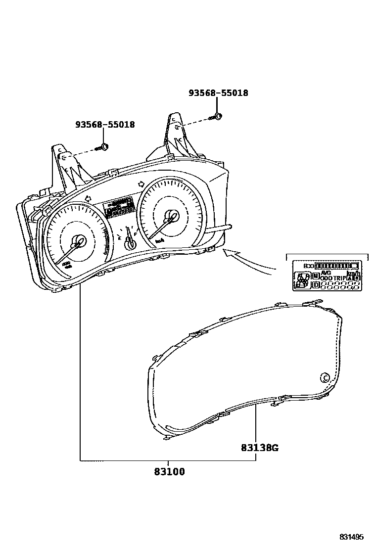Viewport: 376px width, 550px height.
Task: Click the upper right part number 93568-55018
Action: point(218,93)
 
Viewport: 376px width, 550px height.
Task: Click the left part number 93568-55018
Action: point(105,125)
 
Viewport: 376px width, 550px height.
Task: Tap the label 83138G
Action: point(260,448)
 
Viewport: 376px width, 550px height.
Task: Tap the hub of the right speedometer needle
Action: point(172,216)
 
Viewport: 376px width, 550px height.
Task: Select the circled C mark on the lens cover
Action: point(326,377)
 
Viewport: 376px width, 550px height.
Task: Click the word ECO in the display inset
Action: point(309,266)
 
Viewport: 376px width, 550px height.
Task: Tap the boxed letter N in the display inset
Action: point(316,275)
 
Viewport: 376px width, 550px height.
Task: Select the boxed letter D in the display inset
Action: point(316,284)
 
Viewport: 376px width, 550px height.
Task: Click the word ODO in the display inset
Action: point(326,278)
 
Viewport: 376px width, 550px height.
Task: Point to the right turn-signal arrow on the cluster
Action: point(142,183)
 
